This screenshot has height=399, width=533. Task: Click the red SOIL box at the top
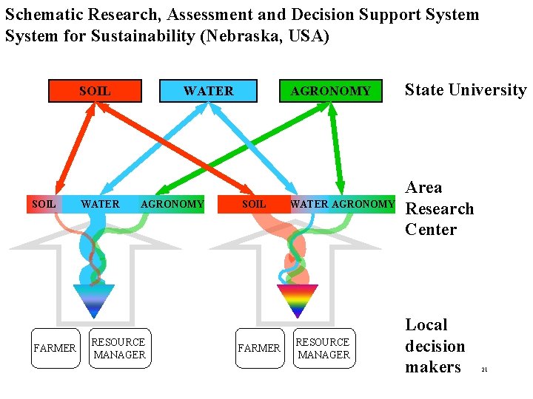pyautogui.click(x=95, y=91)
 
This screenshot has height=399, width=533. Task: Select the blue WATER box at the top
pyautogui.click(x=209, y=91)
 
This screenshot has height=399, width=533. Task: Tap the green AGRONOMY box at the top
pyautogui.click(x=330, y=91)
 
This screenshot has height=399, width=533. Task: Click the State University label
pyautogui.click(x=465, y=90)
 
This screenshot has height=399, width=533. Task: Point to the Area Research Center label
pyautogui.click(x=439, y=208)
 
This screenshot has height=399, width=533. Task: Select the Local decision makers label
pyautogui.click(x=435, y=346)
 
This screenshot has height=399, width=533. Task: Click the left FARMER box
pyautogui.click(x=55, y=348)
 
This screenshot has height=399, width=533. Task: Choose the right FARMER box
pyautogui.click(x=259, y=348)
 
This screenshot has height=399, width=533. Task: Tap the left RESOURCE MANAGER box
pyautogui.click(x=118, y=348)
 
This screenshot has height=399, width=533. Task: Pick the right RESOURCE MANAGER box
pyautogui.click(x=323, y=348)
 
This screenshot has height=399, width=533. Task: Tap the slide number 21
pyautogui.click(x=484, y=369)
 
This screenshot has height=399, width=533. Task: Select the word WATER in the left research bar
pyautogui.click(x=100, y=204)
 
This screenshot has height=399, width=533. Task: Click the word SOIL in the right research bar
pyautogui.click(x=254, y=204)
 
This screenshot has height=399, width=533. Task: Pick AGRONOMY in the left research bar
pyautogui.click(x=172, y=204)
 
